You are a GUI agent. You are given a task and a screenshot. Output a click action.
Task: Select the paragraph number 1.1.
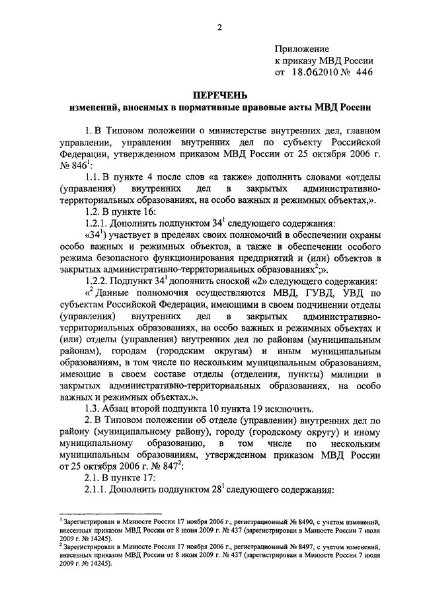coord(93,178)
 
